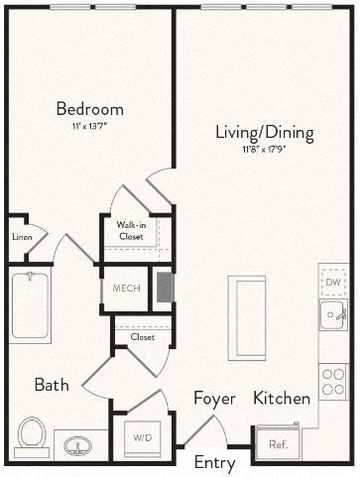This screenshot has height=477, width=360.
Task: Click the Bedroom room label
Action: coord(89,109)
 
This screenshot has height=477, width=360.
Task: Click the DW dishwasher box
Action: coord(333,282)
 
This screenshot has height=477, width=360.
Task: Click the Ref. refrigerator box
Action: coord(279,443)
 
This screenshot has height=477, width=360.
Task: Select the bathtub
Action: coord(30,306)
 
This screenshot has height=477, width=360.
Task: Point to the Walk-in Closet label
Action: coord(132,231)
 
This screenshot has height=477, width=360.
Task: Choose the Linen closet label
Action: coord(22,238)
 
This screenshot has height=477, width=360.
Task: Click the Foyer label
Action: coord(214,399)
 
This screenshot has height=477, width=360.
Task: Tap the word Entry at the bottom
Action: coord(214,463)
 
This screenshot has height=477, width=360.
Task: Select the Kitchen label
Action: coord(282,399)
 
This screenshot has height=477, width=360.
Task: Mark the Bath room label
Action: coord(52,385)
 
